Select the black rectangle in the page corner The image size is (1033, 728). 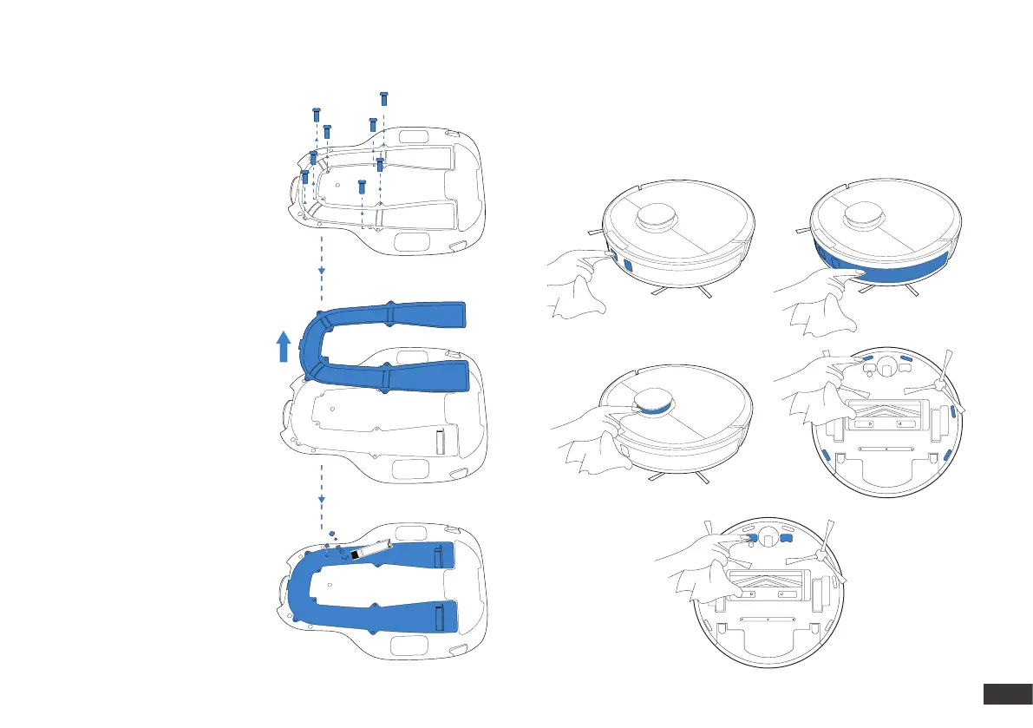pos(1006,695)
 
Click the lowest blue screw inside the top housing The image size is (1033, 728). pos(363,185)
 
